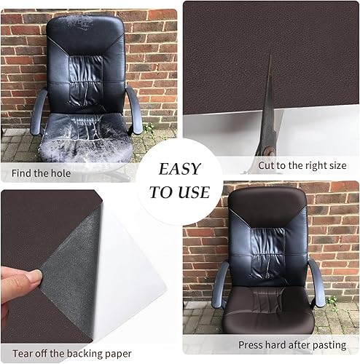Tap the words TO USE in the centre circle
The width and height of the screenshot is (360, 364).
pos(179,192)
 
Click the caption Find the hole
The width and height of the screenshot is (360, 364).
pos(42,173)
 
